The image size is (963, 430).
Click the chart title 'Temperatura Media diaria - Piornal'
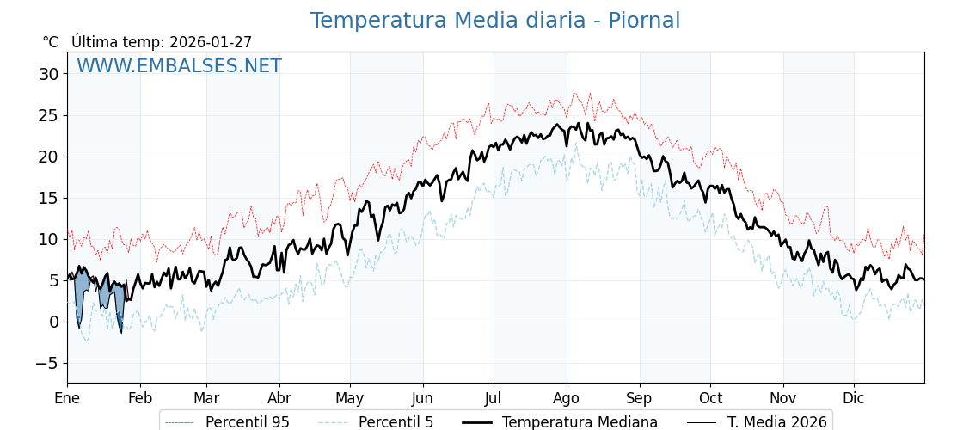(494, 21)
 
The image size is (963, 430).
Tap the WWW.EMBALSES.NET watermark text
(179, 66)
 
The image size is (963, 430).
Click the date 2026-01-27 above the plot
(211, 42)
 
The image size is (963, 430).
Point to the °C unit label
(50, 42)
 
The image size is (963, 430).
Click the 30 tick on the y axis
(48, 74)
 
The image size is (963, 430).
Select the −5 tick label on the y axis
(46, 363)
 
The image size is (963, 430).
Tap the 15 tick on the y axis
(48, 198)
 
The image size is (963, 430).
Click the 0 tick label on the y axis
(53, 322)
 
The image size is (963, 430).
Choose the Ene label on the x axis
(67, 398)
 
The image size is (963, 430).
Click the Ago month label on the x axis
(566, 398)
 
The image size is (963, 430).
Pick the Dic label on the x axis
(854, 398)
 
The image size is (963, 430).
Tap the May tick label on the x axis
(350, 398)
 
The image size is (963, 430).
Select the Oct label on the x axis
(710, 398)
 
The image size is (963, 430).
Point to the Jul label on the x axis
(494, 398)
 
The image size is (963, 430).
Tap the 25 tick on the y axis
(48, 115)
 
